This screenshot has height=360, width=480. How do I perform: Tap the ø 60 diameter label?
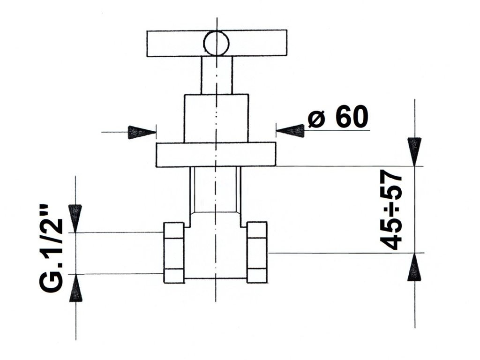coord(338,117)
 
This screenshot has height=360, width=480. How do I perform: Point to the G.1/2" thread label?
coord(51,248)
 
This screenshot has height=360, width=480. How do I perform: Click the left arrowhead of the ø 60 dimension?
coord(142,132)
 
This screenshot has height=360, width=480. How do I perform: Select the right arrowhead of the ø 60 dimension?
coord(290,131)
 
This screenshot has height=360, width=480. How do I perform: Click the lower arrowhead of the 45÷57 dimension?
coord(414,267)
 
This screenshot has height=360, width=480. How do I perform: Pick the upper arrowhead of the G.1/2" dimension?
coord(75,218)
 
